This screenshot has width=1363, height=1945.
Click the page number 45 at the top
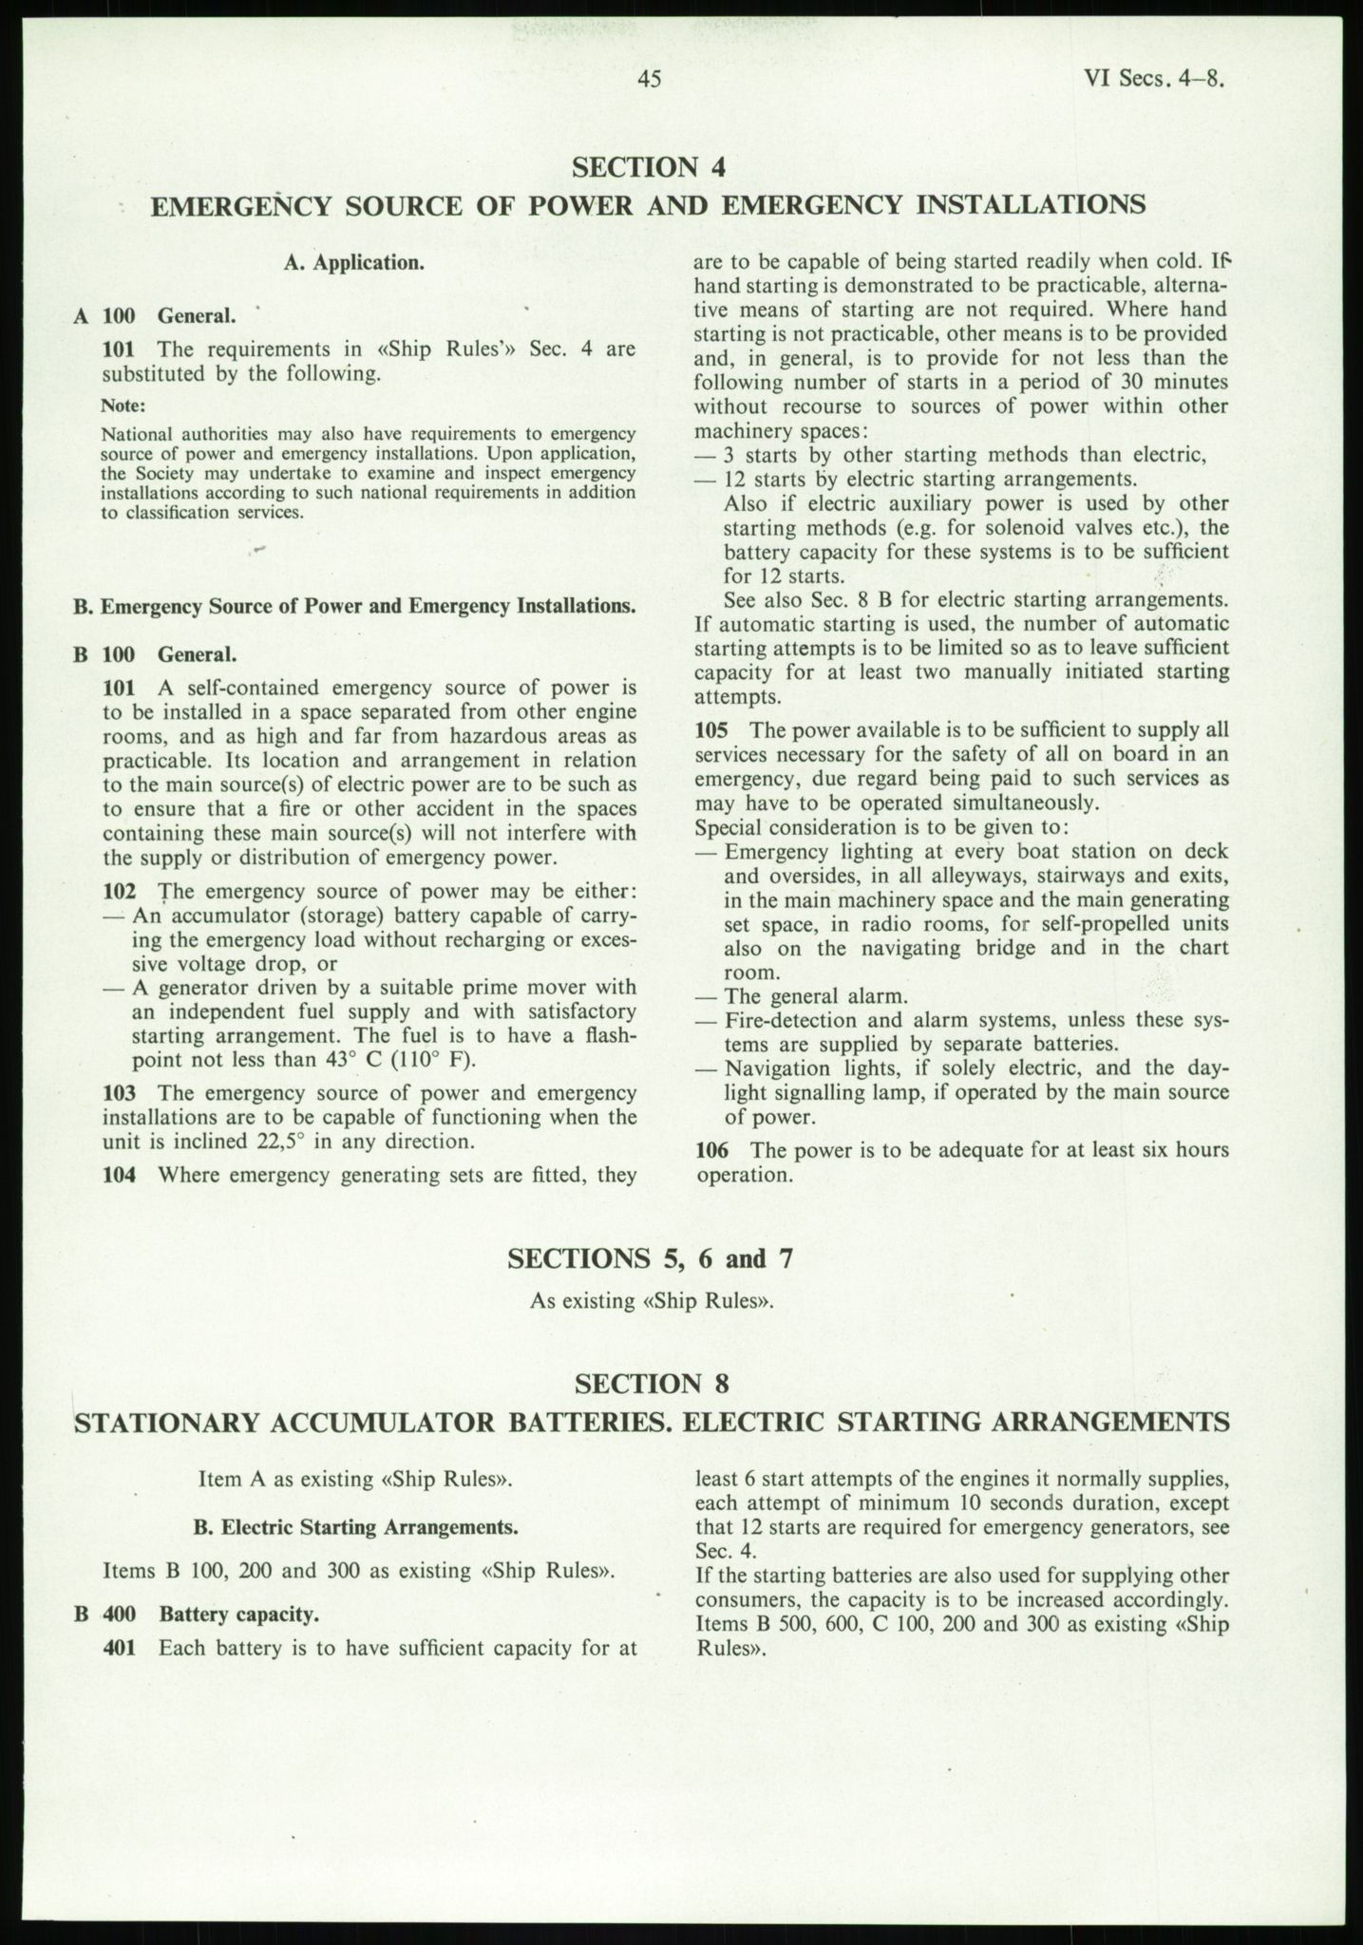pyautogui.click(x=649, y=80)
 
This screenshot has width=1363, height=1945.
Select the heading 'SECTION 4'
pyautogui.click(x=649, y=167)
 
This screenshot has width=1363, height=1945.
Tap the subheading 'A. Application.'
pyautogui.click(x=353, y=263)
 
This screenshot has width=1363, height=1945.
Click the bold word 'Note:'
pyautogui.click(x=123, y=406)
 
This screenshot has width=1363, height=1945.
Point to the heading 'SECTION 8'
pyautogui.click(x=651, y=1383)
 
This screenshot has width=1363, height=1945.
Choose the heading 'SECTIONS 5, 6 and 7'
pyautogui.click(x=650, y=1258)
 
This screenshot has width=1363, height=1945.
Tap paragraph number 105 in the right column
pyautogui.click(x=711, y=730)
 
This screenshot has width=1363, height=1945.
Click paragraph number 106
pyautogui.click(x=711, y=1151)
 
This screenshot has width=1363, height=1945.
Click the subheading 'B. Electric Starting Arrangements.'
pyautogui.click(x=356, y=1528)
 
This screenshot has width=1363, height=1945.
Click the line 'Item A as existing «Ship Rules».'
pyautogui.click(x=356, y=1480)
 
